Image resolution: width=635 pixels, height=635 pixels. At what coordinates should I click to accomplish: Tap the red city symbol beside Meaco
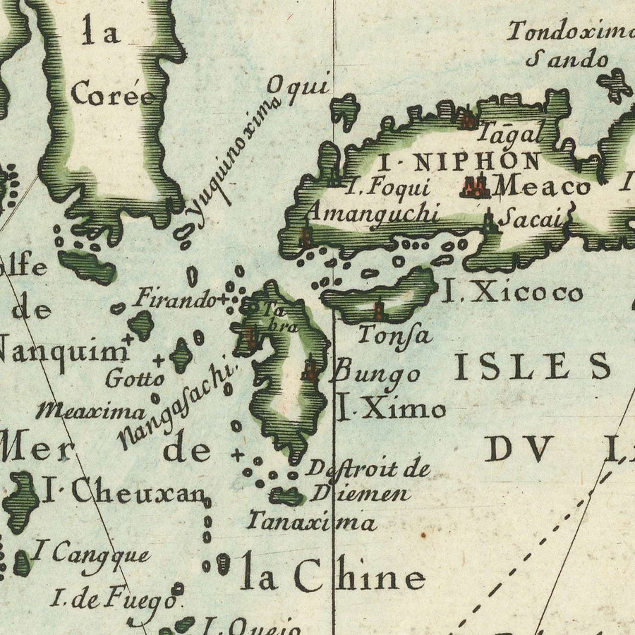475,186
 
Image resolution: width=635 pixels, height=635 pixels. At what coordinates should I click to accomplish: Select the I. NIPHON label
460,162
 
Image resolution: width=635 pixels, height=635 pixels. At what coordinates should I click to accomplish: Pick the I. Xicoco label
512,292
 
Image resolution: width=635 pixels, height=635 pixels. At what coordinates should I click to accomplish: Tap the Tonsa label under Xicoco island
394,334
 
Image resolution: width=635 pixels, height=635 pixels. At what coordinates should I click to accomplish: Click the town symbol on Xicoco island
379,309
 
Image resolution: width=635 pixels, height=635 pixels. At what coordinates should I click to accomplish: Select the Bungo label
377,373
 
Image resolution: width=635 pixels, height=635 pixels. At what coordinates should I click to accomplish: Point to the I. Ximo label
390,409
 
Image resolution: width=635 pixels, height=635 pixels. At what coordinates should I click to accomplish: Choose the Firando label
175,298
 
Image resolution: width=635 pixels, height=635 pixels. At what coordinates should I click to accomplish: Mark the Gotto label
134,378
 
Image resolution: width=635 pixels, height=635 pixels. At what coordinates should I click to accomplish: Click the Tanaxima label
311,523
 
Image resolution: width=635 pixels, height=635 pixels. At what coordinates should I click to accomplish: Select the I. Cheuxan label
122,492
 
